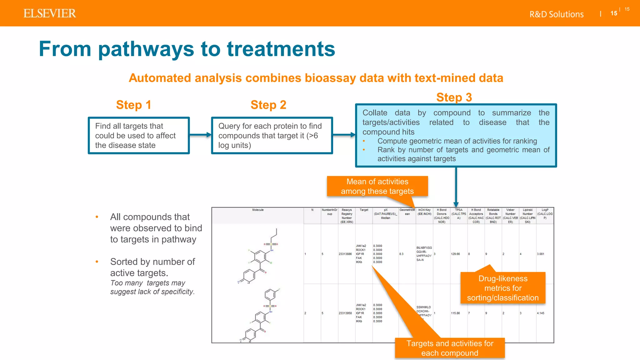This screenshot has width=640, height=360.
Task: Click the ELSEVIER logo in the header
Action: coord(50,13)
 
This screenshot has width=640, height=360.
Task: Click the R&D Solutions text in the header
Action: coord(556,14)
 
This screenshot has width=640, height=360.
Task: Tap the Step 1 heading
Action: coord(133,105)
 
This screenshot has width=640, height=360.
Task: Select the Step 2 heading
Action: coord(268,105)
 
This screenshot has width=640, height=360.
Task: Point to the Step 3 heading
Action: coord(454,97)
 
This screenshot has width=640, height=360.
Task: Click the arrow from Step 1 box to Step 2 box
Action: coord(200,135)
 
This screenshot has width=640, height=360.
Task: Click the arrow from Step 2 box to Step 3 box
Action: coord(344,135)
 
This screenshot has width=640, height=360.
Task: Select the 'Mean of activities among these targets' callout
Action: coord(377,186)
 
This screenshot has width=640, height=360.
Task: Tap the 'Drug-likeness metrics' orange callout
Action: coord(502,288)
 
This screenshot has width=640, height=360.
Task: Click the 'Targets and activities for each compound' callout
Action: coord(450,348)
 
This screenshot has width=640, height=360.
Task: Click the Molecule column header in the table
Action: coord(258,210)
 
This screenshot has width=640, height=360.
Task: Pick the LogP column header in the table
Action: coord(545,214)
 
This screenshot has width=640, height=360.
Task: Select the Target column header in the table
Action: coord(364,210)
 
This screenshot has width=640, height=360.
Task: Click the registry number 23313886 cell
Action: coord(345,254)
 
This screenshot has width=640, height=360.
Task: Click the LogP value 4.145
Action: coord(540,313)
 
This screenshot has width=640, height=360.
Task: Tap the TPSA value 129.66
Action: coord(455,254)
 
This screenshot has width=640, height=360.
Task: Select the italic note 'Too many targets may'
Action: coord(148,283)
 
